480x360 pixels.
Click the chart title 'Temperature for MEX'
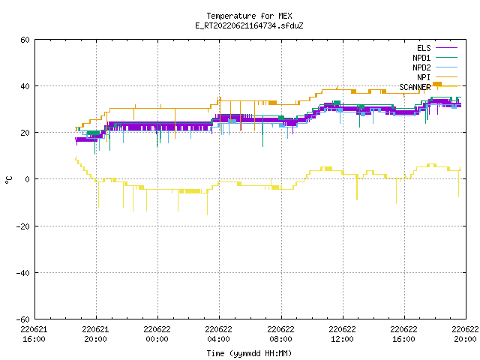click(x=249, y=16)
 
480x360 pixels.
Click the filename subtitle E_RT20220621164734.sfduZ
click(x=249, y=25)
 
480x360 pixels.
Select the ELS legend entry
click(x=436, y=48)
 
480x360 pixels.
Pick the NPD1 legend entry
click(x=435, y=58)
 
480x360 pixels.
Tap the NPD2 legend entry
click(x=435, y=67)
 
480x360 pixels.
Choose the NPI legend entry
click(x=436, y=77)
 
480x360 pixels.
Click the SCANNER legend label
click(x=415, y=87)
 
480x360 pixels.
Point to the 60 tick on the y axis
click(x=25, y=40)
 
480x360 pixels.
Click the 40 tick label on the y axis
click(x=25, y=86)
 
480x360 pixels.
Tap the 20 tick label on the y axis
click(x=25, y=133)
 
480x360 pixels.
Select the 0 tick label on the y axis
click(x=27, y=179)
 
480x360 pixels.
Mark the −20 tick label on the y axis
click(x=23, y=226)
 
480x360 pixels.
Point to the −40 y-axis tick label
click(x=23, y=273)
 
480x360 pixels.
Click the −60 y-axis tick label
click(x=23, y=319)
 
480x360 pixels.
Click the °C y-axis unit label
click(x=8, y=180)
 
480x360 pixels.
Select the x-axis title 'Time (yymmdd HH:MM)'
click(x=249, y=353)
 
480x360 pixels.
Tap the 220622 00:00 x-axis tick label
click(x=157, y=334)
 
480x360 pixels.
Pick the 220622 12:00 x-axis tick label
click(x=342, y=334)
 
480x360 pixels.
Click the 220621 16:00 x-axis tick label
click(x=34, y=334)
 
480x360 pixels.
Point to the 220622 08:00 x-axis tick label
click(x=280, y=334)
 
